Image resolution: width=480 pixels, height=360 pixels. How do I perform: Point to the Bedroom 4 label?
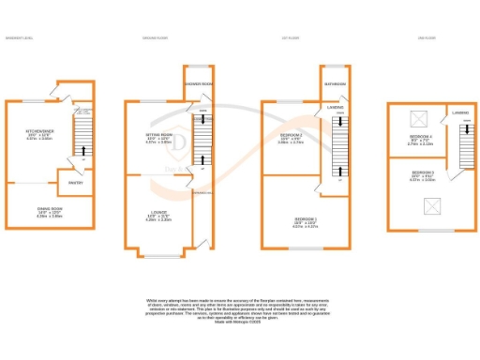click(x=419, y=137)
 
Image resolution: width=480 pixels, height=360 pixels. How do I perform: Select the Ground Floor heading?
click(x=155, y=37)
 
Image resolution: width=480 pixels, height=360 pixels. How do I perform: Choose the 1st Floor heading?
click(x=291, y=37)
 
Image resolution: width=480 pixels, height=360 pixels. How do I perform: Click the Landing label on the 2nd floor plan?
click(x=460, y=112)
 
